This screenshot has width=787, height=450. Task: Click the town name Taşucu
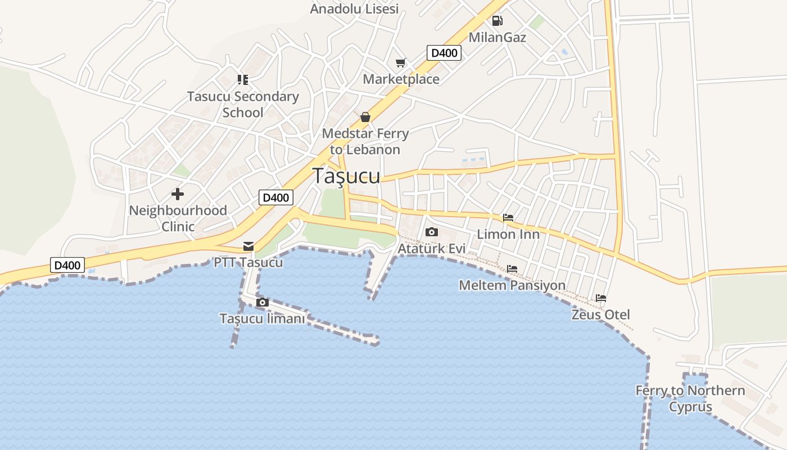tap(346, 175)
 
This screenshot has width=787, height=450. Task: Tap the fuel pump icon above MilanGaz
tap(497, 21)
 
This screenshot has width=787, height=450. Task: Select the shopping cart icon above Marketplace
tap(400, 62)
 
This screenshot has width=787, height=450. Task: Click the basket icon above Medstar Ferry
tap(365, 117)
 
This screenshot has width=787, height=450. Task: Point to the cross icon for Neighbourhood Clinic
tap(178, 194)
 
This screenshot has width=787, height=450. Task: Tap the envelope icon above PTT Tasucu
tap(248, 246)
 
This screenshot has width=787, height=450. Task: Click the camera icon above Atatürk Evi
tap(432, 232)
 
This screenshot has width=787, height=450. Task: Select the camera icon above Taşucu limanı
tap(262, 303)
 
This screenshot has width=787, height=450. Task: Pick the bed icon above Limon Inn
tap(508, 218)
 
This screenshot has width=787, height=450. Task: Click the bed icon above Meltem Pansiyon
tap(512, 269)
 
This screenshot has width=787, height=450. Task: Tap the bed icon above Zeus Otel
tap(601, 298)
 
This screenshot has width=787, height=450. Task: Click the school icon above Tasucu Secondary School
tap(243, 80)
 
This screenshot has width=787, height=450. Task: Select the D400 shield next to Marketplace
tap(444, 53)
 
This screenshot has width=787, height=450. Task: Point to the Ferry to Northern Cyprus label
tap(690, 398)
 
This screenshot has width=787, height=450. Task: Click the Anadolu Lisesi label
tap(354, 8)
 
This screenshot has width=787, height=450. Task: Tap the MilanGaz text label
tap(497, 38)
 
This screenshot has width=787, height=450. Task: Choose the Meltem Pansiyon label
tap(512, 285)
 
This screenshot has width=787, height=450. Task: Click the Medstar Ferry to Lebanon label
tap(365, 142)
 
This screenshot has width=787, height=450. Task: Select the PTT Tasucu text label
tap(248, 262)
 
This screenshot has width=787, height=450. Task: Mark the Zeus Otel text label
tap(601, 314)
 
